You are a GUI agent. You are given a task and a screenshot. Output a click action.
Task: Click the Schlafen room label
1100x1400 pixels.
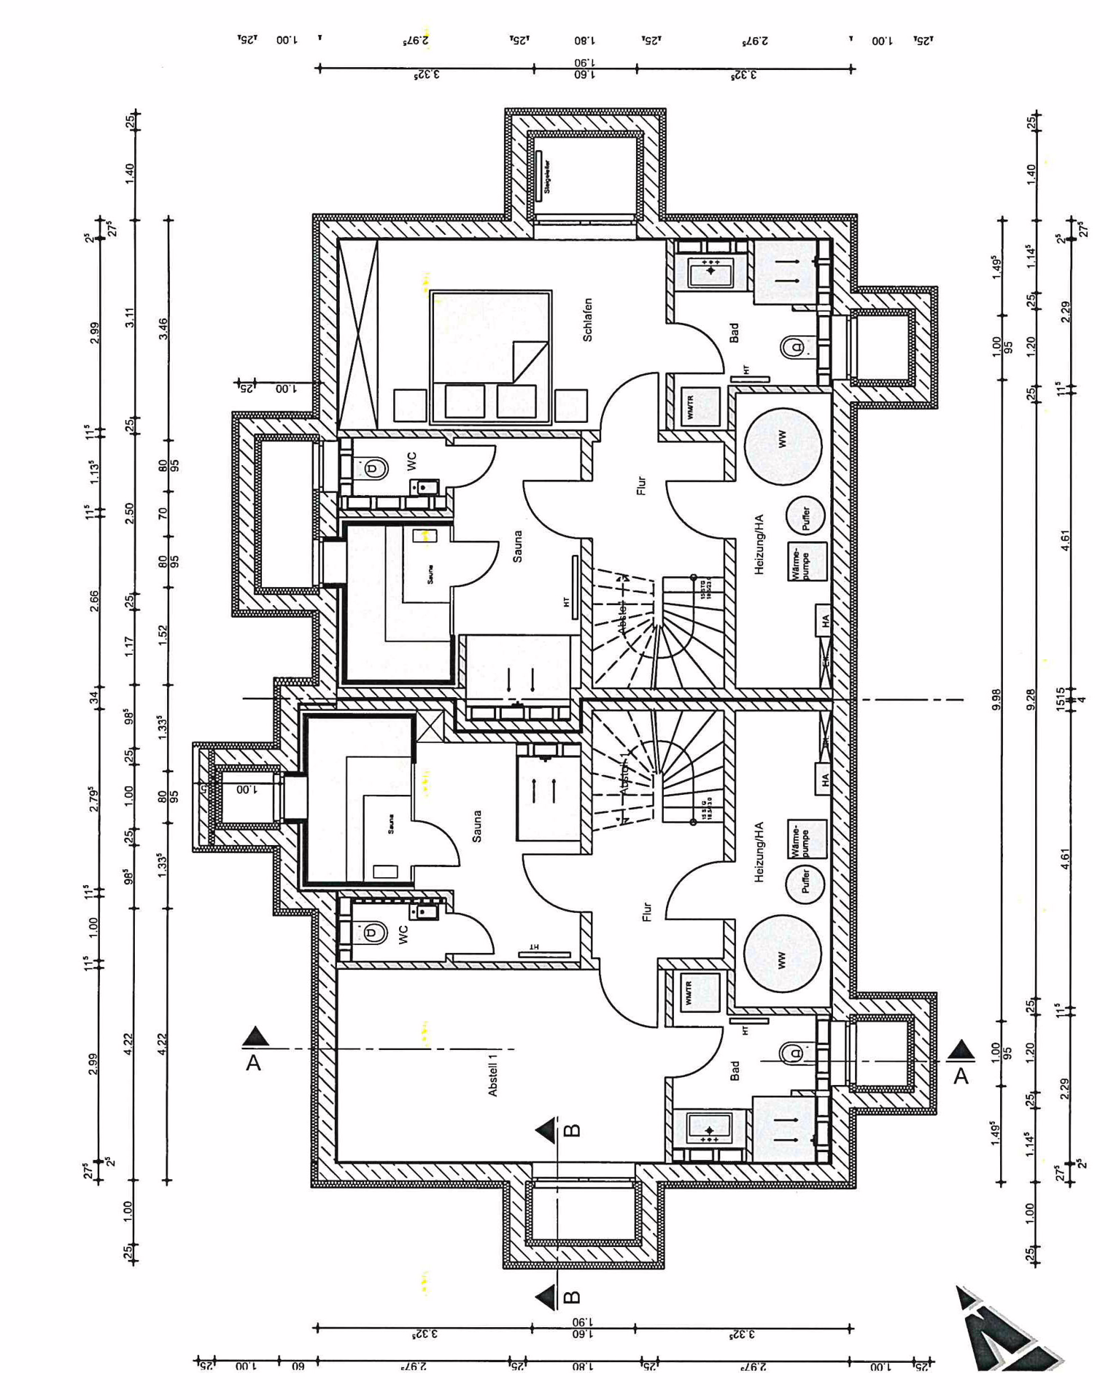click(x=588, y=319)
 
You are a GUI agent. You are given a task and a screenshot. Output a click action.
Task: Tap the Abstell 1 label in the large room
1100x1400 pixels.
click(x=493, y=1074)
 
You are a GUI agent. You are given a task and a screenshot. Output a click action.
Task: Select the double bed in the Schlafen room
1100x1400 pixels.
click(x=490, y=357)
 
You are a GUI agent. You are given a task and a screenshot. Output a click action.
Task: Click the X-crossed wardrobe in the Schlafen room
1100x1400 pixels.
click(x=358, y=334)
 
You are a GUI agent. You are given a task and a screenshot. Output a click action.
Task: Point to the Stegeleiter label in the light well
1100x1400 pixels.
click(x=546, y=176)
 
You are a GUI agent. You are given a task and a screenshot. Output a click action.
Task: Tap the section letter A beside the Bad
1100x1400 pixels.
click(x=961, y=1076)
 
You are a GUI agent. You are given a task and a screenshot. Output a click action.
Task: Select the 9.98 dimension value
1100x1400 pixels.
click(x=997, y=699)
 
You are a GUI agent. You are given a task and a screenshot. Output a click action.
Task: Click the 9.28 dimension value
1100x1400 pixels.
click(x=1031, y=699)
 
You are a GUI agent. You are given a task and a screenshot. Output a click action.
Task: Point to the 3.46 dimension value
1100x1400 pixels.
click(x=163, y=328)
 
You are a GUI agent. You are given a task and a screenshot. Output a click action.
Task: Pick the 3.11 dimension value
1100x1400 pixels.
click(x=129, y=318)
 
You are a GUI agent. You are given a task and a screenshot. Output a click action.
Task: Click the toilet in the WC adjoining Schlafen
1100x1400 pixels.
click(x=373, y=467)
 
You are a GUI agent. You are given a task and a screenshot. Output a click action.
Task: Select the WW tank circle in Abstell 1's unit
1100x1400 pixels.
click(x=782, y=954)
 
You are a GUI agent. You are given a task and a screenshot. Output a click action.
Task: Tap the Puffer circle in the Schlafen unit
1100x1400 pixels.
click(x=805, y=516)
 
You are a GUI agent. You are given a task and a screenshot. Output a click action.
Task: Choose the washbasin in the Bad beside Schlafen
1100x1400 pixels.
click(x=710, y=271)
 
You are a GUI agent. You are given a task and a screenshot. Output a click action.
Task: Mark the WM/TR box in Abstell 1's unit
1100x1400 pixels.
click(x=698, y=992)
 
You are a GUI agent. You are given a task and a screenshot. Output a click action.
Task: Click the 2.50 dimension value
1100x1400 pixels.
click(x=129, y=513)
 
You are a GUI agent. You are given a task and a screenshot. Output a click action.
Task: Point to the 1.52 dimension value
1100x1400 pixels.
click(x=163, y=633)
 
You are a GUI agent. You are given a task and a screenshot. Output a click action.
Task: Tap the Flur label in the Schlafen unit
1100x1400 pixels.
click(x=641, y=486)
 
